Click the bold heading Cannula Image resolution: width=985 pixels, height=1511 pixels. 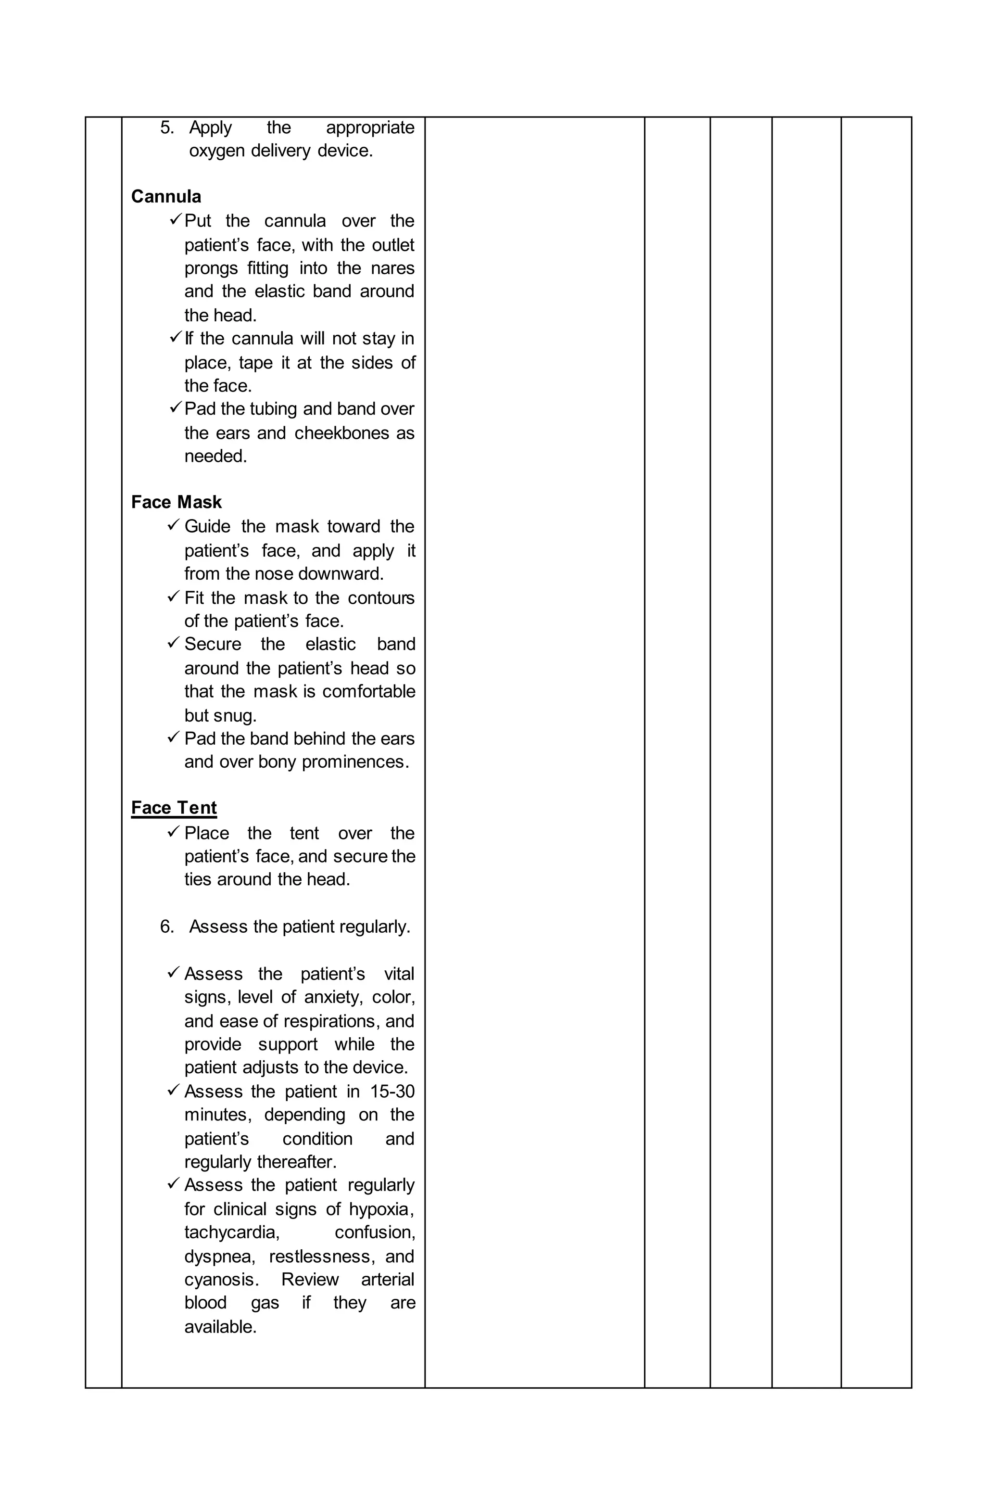click(x=165, y=196)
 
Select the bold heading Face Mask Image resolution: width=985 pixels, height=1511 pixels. click(x=176, y=502)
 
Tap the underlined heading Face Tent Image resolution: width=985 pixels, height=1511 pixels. click(x=174, y=808)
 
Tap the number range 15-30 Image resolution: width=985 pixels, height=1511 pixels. click(x=392, y=1092)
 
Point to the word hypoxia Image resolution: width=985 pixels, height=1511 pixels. click(x=381, y=1209)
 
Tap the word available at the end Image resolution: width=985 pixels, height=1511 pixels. click(x=220, y=1326)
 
